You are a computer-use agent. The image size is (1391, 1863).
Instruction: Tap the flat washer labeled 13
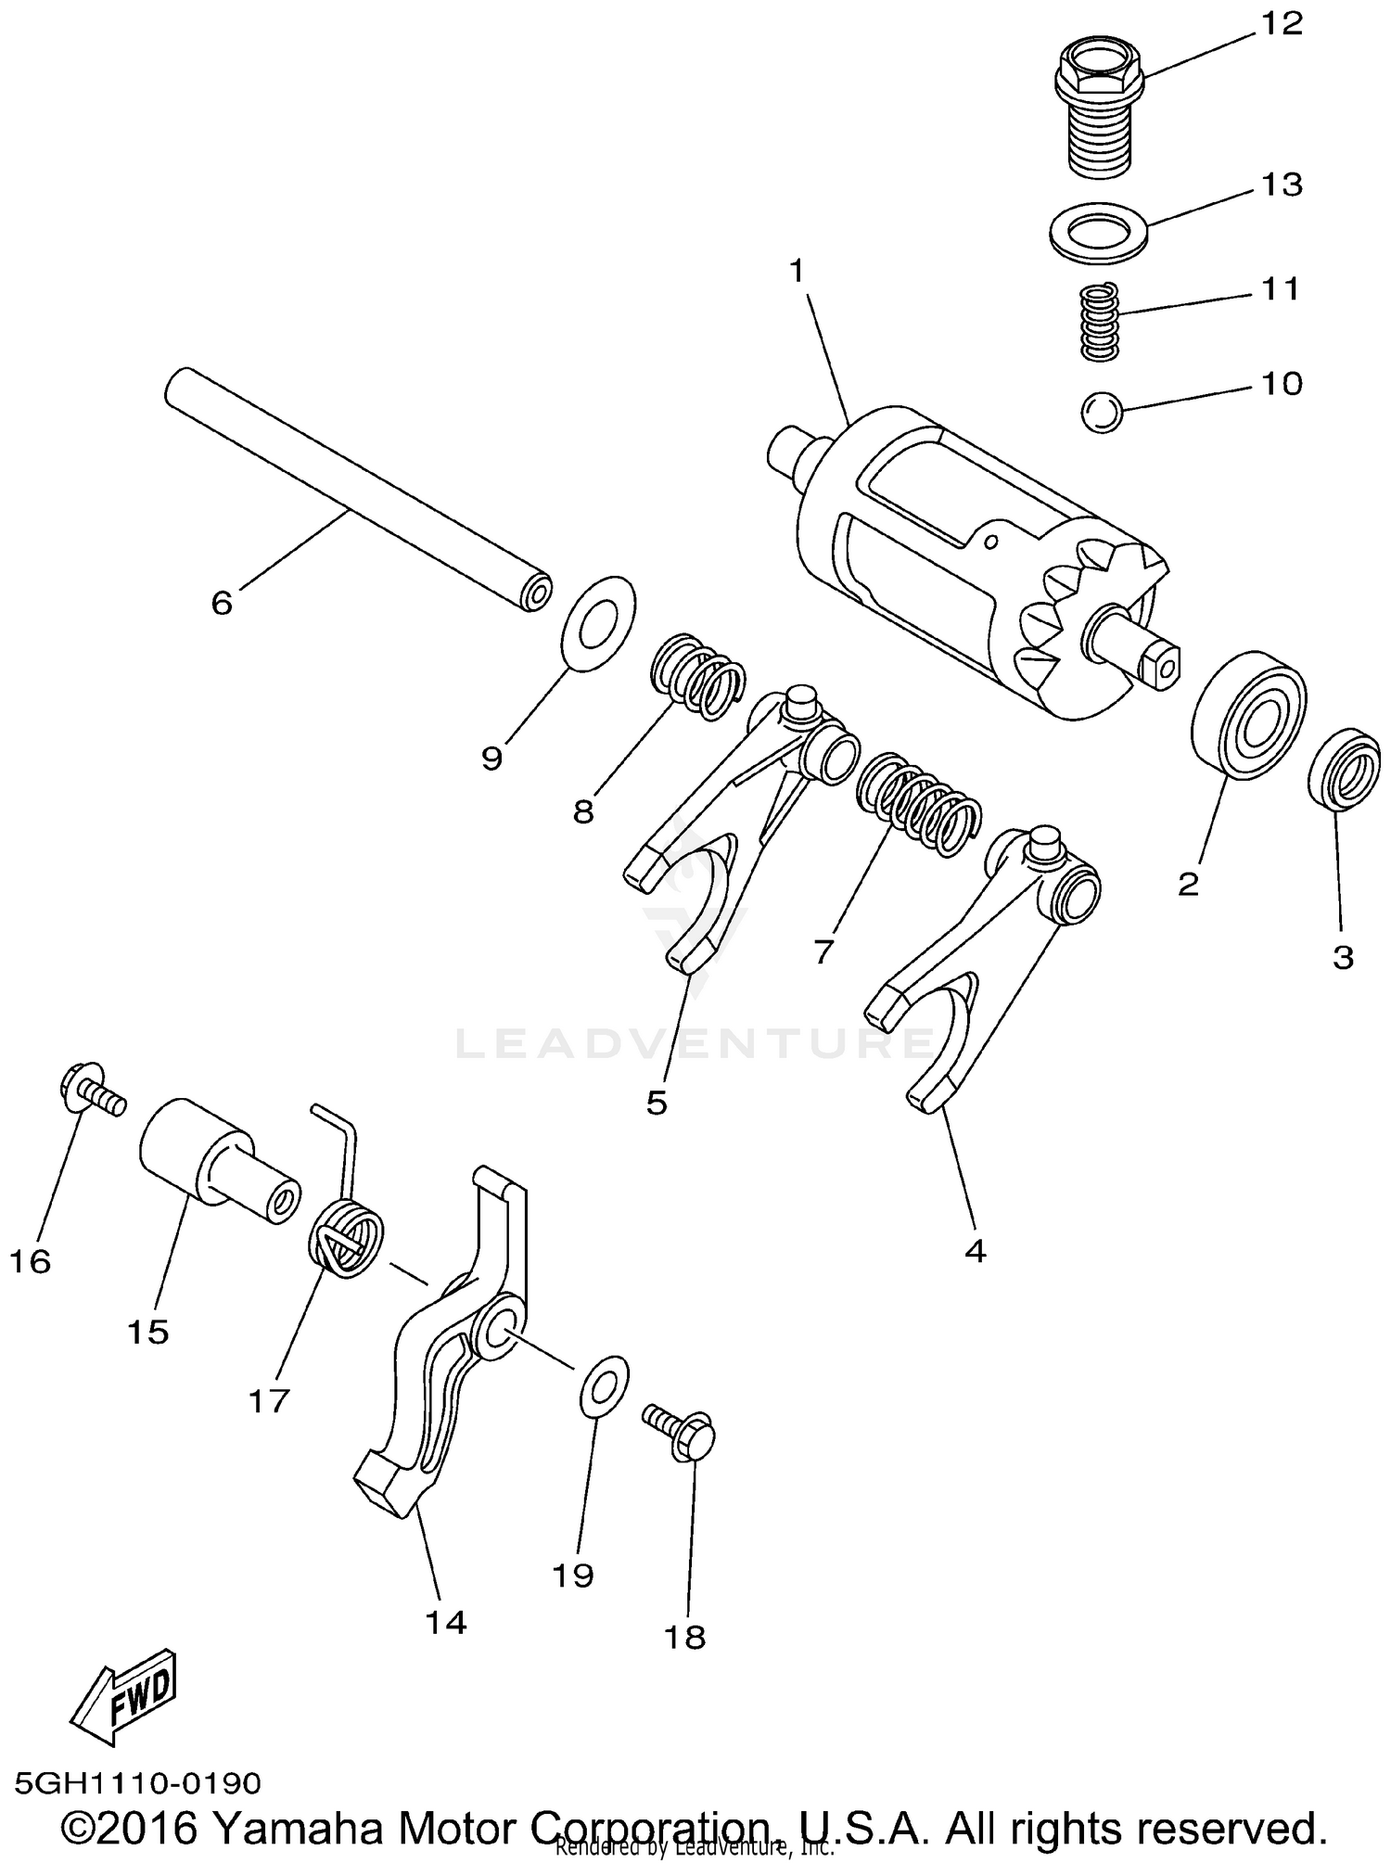pos(1100,227)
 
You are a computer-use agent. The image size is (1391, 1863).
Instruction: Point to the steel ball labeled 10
pos(1102,411)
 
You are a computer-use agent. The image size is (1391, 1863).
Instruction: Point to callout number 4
pos(975,1251)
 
